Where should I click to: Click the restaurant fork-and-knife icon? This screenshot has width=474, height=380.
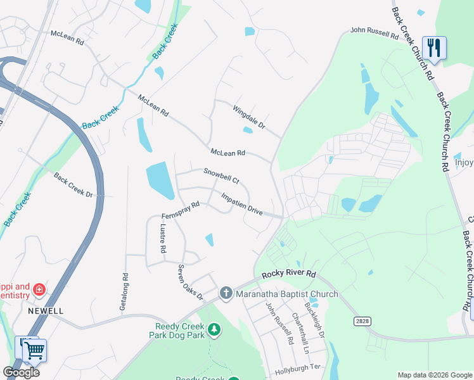[x=434, y=47]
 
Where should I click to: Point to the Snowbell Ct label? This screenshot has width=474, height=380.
[x=221, y=175]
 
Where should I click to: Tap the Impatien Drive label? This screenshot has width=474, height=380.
[x=242, y=203]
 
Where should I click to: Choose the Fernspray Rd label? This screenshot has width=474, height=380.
[x=181, y=209]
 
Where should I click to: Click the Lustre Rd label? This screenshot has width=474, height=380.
[x=163, y=239]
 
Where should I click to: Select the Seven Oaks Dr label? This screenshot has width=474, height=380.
[x=189, y=282]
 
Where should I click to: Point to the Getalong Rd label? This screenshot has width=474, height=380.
[x=124, y=291]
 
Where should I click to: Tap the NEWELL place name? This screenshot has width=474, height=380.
[x=46, y=311]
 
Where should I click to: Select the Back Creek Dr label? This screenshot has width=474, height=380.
[x=73, y=184]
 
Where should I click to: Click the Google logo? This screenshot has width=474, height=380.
[x=21, y=372]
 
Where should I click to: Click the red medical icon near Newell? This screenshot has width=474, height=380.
[x=39, y=289]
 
